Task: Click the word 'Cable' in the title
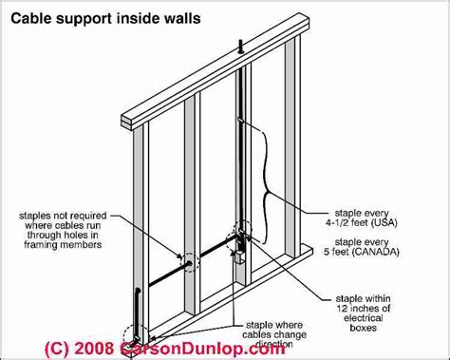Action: (30, 18)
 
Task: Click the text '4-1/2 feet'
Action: (347, 223)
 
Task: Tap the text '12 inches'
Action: (364, 309)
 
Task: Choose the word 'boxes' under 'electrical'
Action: (364, 328)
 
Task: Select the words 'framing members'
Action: (63, 245)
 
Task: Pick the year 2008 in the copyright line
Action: (94, 349)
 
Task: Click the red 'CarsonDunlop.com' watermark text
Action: (202, 349)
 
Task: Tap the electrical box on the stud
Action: (238, 257)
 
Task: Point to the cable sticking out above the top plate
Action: (240, 47)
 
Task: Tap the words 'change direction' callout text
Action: (274, 339)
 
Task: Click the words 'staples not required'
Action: (63, 216)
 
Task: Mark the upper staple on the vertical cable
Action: (240, 120)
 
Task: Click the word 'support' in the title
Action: (84, 19)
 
